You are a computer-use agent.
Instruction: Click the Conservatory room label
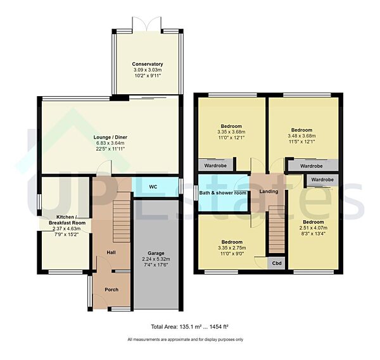pyautogui.click(x=147, y=64)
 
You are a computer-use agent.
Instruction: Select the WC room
pyautogui.click(x=153, y=187)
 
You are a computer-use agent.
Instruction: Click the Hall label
pyautogui.click(x=111, y=253)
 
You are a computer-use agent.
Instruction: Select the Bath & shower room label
pyautogui.click(x=222, y=193)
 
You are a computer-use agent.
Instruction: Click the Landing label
pyautogui.click(x=269, y=192)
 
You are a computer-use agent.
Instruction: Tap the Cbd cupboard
pyautogui.click(x=277, y=263)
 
